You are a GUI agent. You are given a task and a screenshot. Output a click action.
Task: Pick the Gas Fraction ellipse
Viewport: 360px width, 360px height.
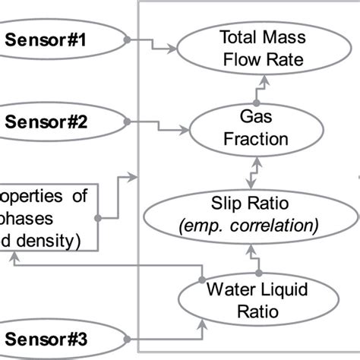pos(261,128)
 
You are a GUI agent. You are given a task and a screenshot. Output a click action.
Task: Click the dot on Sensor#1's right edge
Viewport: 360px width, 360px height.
pos(128,39)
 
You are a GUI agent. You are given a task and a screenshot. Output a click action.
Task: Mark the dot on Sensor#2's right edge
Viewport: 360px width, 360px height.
pos(128,120)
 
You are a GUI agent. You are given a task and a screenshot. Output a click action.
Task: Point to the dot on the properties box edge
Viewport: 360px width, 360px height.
pos(97,218)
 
